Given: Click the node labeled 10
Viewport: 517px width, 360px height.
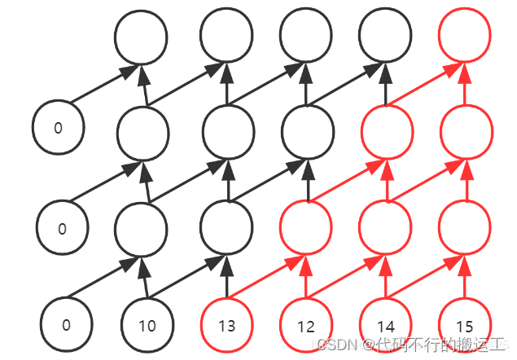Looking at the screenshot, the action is pyautogui.click(x=147, y=324).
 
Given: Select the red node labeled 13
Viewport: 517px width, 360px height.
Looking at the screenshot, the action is pyautogui.click(x=226, y=324).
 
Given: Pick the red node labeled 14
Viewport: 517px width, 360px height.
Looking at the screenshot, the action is pyautogui.click(x=386, y=324).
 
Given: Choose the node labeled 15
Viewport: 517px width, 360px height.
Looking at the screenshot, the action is pyautogui.click(x=465, y=324).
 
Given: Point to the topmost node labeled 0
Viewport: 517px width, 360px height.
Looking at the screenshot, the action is pyautogui.click(x=58, y=128).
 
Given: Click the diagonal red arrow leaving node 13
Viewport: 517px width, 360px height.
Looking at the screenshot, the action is pyautogui.click(x=265, y=278).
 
